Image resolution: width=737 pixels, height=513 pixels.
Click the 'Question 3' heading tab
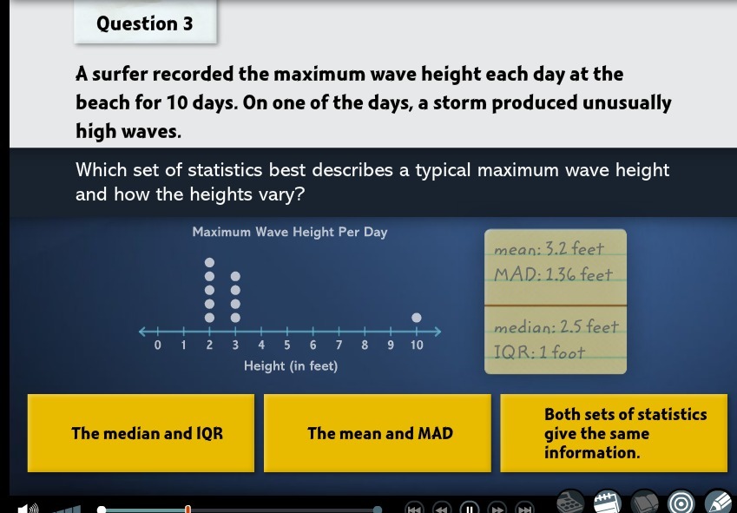pyautogui.click(x=145, y=22)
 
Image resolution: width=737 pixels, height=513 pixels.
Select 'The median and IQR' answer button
pyautogui.click(x=141, y=433)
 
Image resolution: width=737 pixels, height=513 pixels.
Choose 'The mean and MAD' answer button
pyautogui.click(x=378, y=433)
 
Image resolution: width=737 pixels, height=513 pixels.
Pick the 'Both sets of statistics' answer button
pyautogui.click(x=614, y=433)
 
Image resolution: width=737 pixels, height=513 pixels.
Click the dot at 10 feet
pyautogui.click(x=417, y=318)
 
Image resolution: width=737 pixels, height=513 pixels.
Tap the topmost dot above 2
pyautogui.click(x=209, y=262)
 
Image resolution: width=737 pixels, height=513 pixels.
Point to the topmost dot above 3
pyautogui.click(x=235, y=276)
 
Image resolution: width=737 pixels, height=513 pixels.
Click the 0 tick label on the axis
pyautogui.click(x=157, y=345)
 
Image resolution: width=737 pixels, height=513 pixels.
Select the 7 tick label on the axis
pyautogui.click(x=339, y=345)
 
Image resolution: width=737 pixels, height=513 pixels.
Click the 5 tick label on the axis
pyautogui.click(x=286, y=345)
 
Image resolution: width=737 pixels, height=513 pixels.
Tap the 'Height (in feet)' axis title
pyautogui.click(x=291, y=366)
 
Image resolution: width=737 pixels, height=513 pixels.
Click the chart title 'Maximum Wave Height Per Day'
pyautogui.click(x=290, y=232)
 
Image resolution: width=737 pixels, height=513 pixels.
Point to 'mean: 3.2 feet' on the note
pyautogui.click(x=549, y=249)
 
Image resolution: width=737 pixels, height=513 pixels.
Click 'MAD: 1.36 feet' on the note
pyautogui.click(x=553, y=274)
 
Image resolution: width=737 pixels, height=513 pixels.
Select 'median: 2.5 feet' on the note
pyautogui.click(x=556, y=326)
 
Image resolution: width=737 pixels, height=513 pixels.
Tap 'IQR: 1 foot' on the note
pyautogui.click(x=539, y=352)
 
